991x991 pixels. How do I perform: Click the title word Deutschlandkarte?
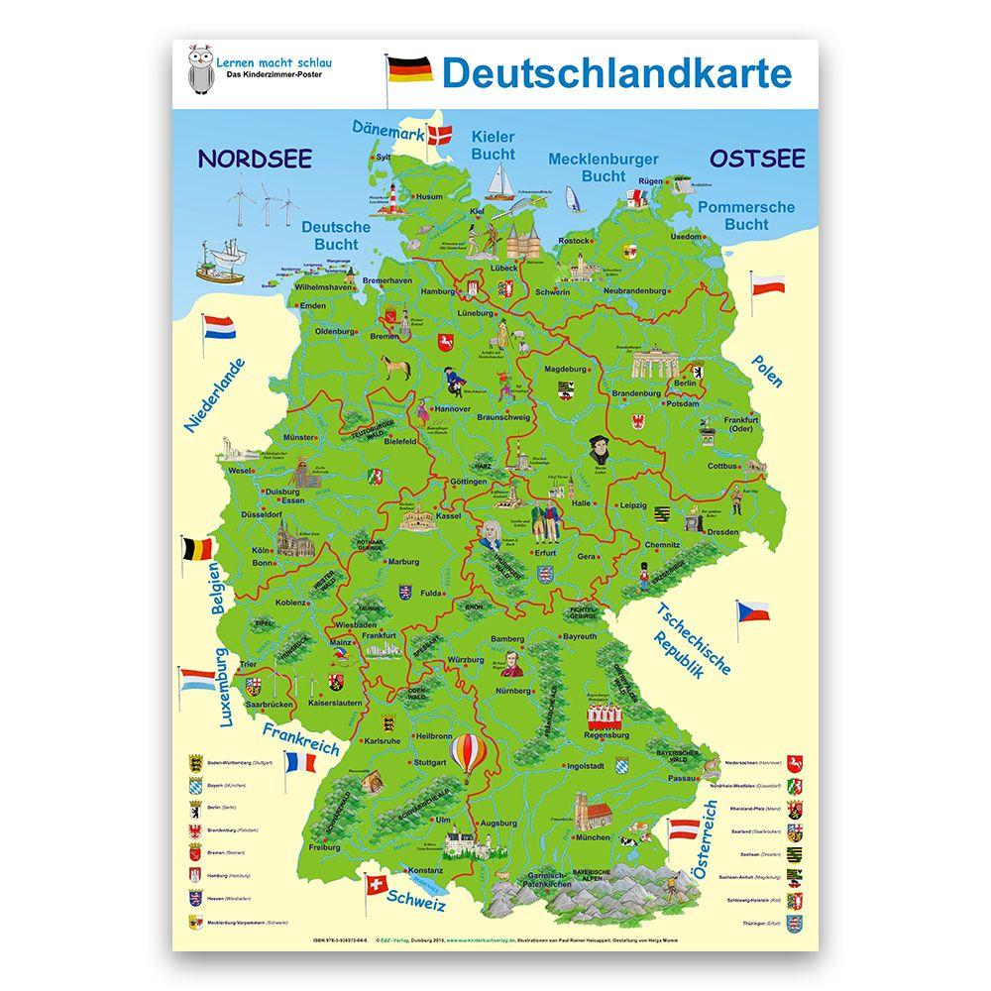coord(615,72)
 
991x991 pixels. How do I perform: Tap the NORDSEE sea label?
coord(254,159)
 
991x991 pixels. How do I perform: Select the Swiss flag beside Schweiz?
coord(377,884)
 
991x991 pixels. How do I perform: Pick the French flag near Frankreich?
coord(299,762)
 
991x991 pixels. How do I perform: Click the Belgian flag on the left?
coord(196,549)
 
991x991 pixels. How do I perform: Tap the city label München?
coord(593,837)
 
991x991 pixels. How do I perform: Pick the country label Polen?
coord(766,371)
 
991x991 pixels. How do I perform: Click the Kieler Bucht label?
coord(494,145)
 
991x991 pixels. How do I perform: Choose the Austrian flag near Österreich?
coord(683,830)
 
